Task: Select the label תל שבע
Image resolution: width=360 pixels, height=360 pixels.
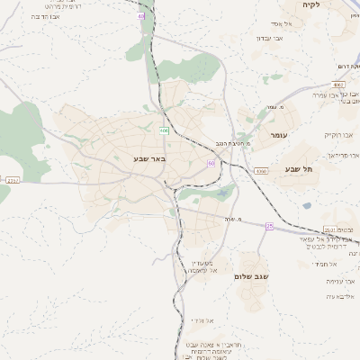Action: pyautogui.click(x=297, y=168)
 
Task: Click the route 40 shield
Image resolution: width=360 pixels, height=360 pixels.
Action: pyautogui.click(x=141, y=16)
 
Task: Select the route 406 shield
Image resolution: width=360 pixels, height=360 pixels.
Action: pyautogui.click(x=164, y=130)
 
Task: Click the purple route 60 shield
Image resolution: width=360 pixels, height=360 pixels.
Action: pyautogui.click(x=211, y=163)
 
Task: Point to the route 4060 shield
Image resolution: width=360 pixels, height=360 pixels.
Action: pyautogui.click(x=261, y=170)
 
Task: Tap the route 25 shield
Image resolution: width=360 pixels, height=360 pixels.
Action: pyautogui.click(x=268, y=226)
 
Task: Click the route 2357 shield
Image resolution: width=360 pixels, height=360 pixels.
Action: pyautogui.click(x=13, y=181)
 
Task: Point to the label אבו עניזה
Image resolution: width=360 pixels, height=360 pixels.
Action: pyautogui.click(x=340, y=281)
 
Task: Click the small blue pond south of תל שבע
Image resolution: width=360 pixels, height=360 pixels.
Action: pyautogui.click(x=306, y=205)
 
